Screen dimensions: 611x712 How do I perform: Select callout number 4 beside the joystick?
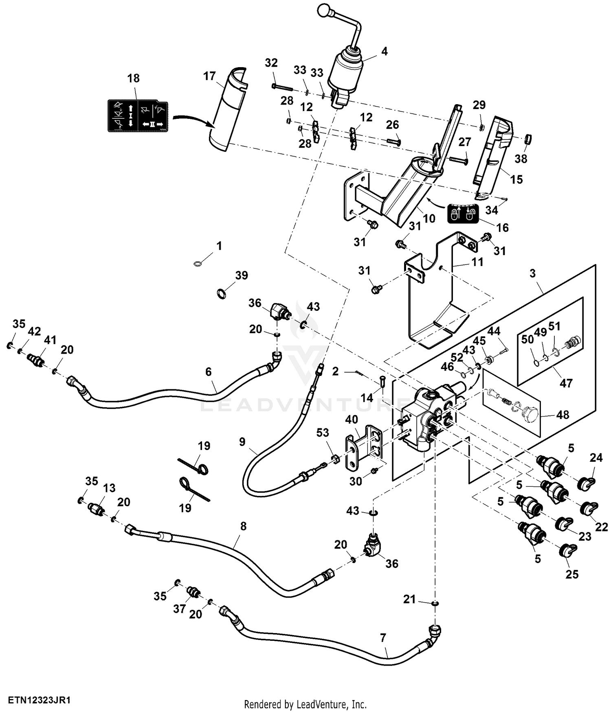(384, 51)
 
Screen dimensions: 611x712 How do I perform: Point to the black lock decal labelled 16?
(463, 213)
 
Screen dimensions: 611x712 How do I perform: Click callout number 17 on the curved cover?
(209, 76)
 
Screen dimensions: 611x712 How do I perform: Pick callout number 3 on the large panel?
(532, 273)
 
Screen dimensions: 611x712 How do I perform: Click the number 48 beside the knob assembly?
(563, 415)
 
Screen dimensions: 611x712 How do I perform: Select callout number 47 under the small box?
(566, 383)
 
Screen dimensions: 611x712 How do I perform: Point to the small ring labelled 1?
(198, 264)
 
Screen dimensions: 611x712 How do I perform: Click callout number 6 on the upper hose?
(209, 371)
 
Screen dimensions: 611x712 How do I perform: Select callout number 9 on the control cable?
(242, 442)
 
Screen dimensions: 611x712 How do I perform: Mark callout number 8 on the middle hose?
(243, 526)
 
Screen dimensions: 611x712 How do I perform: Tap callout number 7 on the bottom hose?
(383, 638)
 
